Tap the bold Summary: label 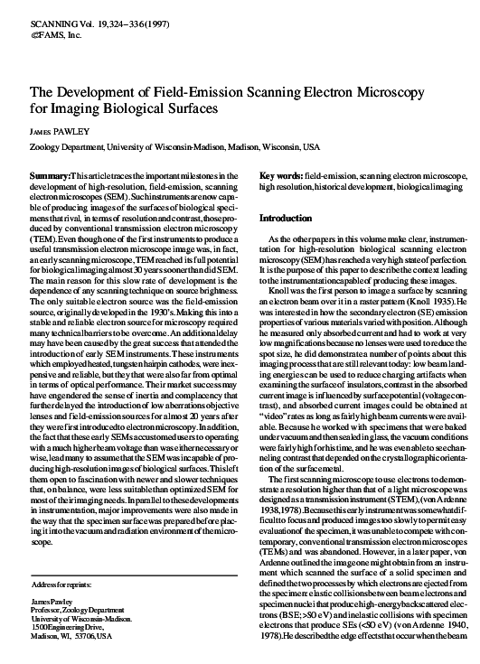pyautogui.click(x=50, y=173)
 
